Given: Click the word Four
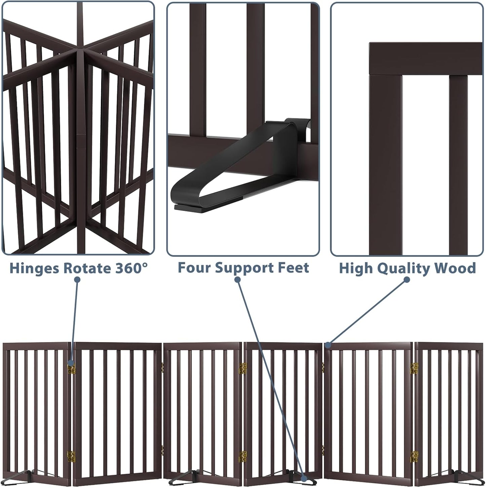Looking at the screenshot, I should [195, 268].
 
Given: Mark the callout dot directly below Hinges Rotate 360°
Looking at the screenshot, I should [77, 280].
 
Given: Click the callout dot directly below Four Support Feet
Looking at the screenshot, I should [238, 280].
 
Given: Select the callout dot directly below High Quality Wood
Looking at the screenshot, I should [407, 280].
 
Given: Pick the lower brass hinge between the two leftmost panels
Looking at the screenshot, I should [71, 456].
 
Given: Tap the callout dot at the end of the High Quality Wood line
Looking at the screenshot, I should [329, 344].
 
